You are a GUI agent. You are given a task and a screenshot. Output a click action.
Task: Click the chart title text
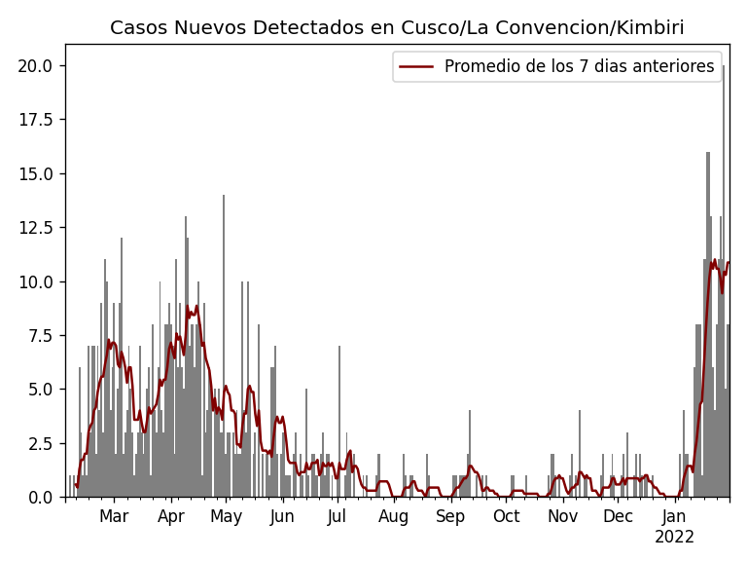397,28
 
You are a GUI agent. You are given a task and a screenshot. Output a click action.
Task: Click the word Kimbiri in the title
650,28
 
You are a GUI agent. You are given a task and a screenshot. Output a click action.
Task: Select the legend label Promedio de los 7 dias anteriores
579,66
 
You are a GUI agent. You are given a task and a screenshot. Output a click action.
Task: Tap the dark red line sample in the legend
415,66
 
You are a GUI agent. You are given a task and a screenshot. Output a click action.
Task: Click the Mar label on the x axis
114,516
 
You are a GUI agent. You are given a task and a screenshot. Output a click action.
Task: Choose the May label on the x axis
227,516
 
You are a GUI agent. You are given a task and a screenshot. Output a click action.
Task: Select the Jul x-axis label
337,516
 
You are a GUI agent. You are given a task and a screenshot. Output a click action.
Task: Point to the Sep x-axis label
450,516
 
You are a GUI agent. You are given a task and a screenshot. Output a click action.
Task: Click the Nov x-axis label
562,516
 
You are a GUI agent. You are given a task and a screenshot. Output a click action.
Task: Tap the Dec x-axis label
618,516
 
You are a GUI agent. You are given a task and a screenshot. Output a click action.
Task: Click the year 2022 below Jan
674,537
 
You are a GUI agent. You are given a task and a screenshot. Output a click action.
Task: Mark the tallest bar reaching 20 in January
723,292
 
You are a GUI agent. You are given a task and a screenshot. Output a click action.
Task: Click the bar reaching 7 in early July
339,429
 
